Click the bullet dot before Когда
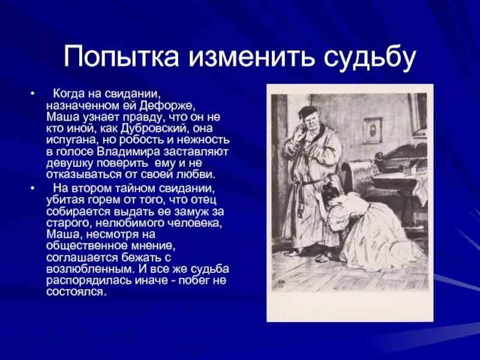(32, 95)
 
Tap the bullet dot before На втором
(32, 187)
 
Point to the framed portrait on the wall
(373, 130)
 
